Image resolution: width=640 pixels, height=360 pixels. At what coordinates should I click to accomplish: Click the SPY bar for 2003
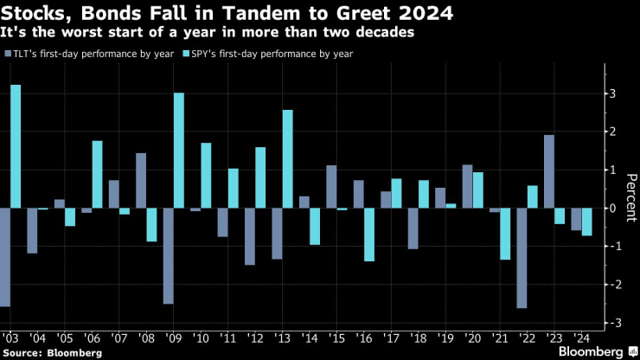pos(16,146)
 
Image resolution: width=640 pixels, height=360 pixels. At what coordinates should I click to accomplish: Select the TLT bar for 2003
pos(4,257)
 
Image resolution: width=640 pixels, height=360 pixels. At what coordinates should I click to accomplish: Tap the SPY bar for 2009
pos(178,151)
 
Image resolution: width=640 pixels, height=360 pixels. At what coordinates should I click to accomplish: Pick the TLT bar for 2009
pos(168,256)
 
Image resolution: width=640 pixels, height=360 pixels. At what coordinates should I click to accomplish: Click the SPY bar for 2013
pos(287,159)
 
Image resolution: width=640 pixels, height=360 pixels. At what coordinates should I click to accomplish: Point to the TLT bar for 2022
pos(521,258)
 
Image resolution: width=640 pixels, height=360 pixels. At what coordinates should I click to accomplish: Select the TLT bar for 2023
pos(548,171)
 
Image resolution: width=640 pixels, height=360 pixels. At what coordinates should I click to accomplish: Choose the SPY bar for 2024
pos(586,222)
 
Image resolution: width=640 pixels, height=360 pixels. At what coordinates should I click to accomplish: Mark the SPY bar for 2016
pos(368,235)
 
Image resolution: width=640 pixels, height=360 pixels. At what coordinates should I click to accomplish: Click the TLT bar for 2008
pos(141,181)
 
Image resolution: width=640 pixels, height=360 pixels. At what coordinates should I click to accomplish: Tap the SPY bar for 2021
pos(505,234)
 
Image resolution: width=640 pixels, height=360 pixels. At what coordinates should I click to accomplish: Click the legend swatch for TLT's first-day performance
pos(8,54)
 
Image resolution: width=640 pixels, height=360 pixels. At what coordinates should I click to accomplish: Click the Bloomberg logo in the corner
pos(591,351)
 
